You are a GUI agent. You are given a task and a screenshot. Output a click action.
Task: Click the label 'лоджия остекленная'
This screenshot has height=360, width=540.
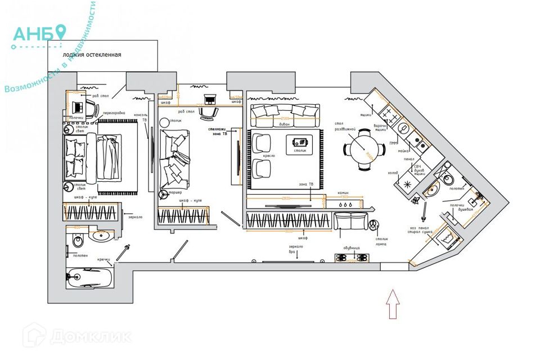pyautogui.click(x=84, y=55)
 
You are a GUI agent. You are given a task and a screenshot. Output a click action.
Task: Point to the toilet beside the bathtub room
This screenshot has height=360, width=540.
pyautogui.click(x=78, y=241)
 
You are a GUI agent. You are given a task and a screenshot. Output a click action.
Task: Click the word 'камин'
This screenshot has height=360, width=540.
pyautogui.click(x=343, y=193)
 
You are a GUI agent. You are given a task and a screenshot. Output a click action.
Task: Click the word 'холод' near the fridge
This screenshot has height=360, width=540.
pyautogui.click(x=393, y=173)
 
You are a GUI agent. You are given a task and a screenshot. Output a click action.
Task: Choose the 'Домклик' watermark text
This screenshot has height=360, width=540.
pyautogui.click(x=90, y=336)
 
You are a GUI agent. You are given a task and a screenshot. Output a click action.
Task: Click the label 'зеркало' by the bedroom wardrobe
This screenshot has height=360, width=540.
pyautogui.click(x=135, y=217)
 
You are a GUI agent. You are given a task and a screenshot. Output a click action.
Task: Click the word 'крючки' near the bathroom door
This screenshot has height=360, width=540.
pyautogui.click(x=103, y=259)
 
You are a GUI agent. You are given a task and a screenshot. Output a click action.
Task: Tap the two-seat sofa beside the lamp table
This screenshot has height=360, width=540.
pyautogui.click(x=350, y=222)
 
